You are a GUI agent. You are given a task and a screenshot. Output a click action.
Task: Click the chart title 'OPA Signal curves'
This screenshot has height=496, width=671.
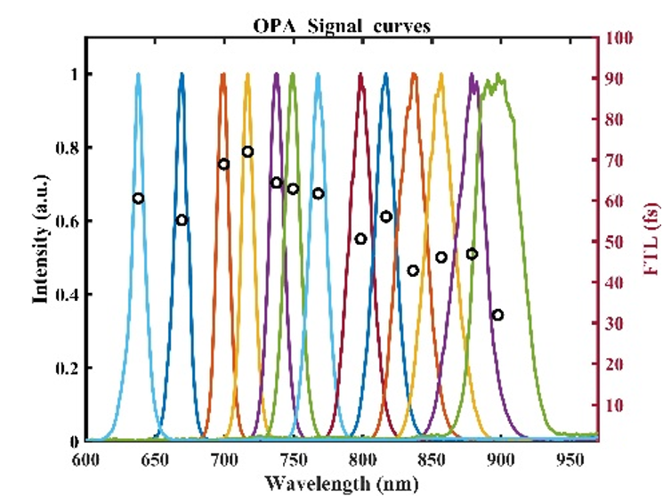(x=342, y=25)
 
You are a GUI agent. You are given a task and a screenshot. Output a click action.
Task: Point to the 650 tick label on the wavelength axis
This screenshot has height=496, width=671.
(x=154, y=459)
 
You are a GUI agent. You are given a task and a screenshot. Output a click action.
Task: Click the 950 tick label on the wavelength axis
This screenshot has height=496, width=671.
(x=570, y=459)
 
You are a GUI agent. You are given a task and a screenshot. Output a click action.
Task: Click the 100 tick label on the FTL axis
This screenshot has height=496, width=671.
(x=619, y=38)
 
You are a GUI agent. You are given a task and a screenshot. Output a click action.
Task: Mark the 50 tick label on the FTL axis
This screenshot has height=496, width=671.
(x=616, y=242)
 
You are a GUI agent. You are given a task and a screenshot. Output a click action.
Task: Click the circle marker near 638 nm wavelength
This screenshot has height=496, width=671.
(x=138, y=198)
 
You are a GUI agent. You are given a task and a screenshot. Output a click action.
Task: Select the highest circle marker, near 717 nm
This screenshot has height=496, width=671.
(x=248, y=151)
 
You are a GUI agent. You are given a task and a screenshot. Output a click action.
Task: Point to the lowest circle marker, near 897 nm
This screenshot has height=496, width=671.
(x=497, y=314)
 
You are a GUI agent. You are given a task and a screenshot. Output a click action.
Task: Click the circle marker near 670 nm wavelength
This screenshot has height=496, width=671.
(x=182, y=220)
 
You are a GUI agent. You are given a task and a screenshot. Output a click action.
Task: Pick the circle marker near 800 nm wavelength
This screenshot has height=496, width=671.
(x=360, y=239)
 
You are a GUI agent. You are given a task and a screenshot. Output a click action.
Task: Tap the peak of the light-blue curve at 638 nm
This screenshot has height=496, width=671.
(x=138, y=76)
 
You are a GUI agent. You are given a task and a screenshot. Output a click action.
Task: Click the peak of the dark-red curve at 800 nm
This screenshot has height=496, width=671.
(x=360, y=76)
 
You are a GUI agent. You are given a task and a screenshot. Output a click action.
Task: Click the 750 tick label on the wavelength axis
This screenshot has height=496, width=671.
(x=293, y=459)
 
